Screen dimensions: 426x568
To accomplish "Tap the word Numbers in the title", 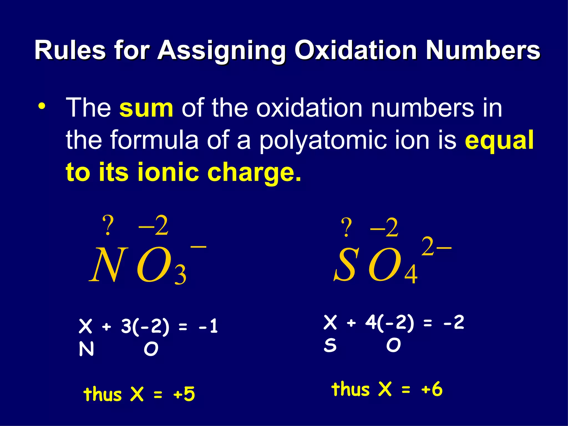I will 483,50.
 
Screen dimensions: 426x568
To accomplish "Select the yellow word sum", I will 146,108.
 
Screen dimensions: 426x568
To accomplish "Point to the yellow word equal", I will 499,140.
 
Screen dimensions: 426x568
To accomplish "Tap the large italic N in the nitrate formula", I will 109,265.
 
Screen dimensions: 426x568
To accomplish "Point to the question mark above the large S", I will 346,227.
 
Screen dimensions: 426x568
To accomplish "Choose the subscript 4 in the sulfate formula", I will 411,275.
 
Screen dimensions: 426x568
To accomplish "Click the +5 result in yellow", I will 184,394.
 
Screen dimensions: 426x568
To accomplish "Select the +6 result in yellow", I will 432,389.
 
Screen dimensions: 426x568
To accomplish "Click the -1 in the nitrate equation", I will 208,326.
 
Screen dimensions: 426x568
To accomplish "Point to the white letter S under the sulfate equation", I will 330,346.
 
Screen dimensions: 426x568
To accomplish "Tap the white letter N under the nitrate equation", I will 86,349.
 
